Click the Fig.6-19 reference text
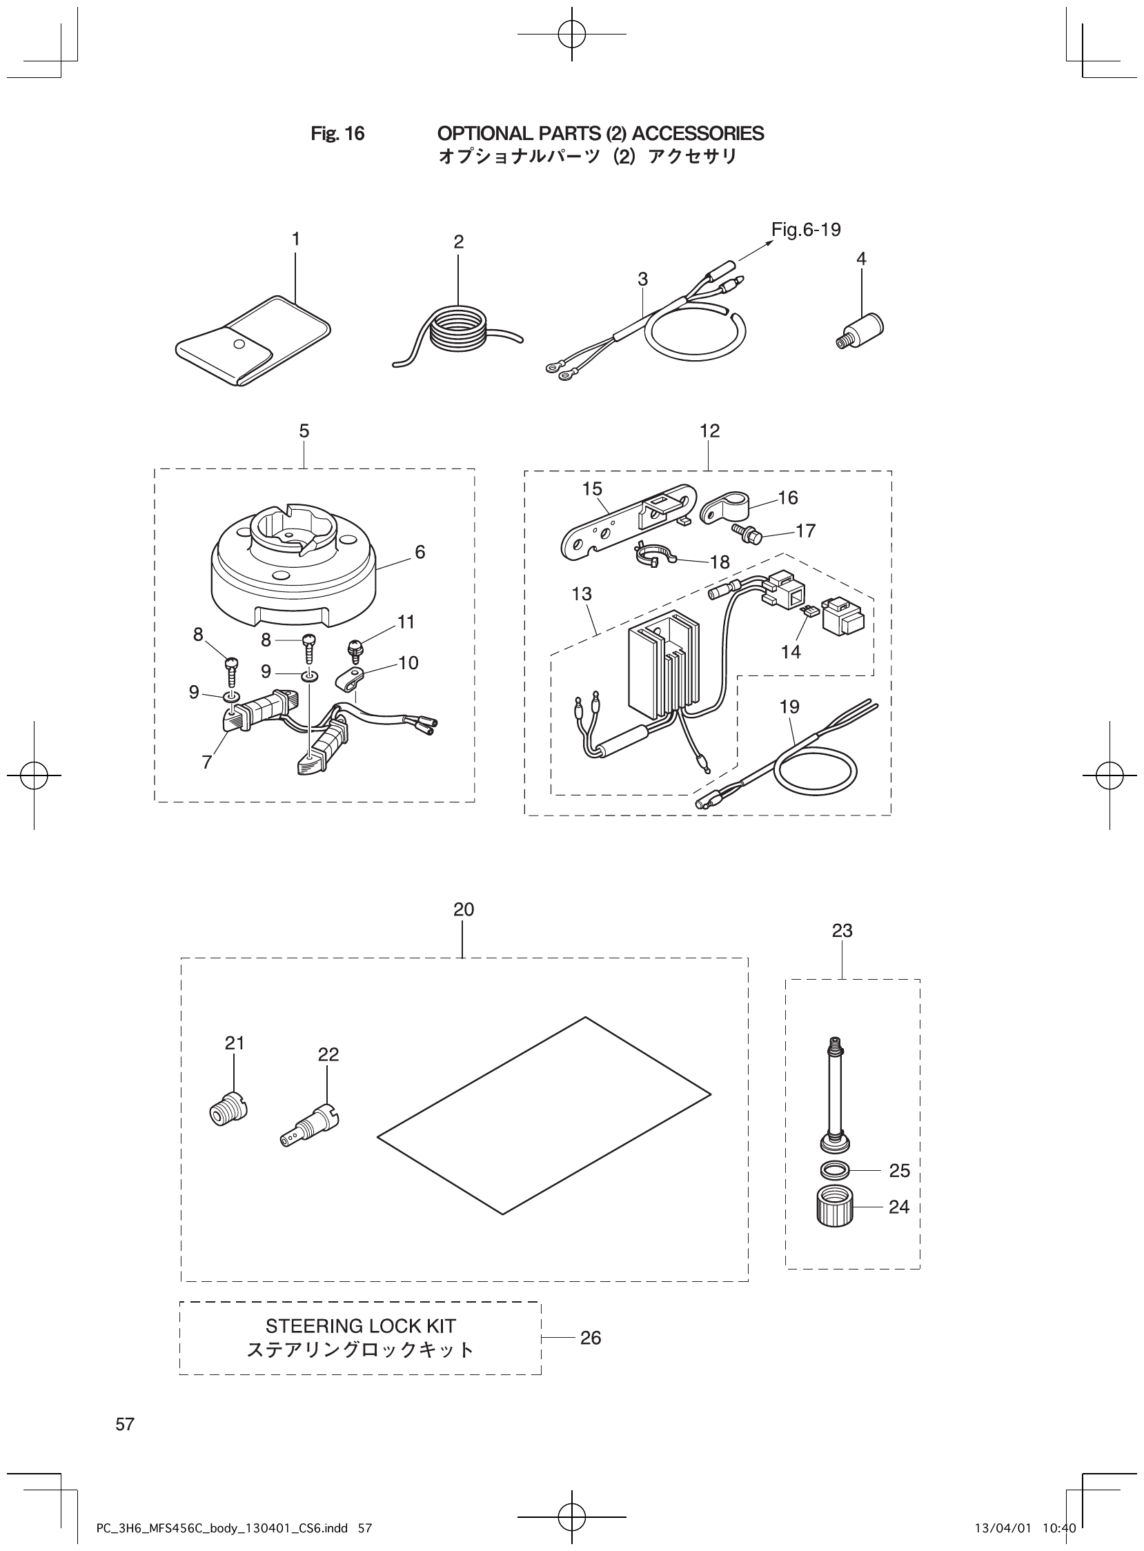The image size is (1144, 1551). tap(806, 230)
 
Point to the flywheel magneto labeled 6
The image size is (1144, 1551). tap(295, 568)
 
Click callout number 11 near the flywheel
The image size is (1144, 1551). tap(406, 622)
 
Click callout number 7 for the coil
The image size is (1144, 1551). tap(206, 762)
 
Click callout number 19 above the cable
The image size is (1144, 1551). tap(789, 707)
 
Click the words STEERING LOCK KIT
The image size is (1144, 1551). tap(361, 1326)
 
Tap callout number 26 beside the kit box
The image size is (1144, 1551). tap(590, 1338)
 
